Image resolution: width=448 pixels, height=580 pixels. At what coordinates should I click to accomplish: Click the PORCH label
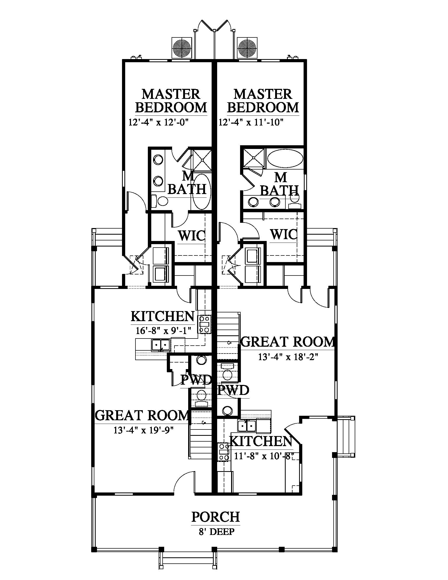point(216,517)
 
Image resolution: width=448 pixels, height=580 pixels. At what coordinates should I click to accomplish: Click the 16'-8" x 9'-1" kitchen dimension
point(163,331)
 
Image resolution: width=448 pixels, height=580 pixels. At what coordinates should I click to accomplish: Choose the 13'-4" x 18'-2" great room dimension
point(288,357)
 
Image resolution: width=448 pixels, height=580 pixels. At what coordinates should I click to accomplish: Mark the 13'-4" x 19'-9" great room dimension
point(144,430)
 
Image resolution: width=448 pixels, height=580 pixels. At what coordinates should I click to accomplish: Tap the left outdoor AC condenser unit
point(182,48)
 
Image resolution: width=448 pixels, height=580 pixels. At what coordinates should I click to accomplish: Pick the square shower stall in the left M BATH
point(202,160)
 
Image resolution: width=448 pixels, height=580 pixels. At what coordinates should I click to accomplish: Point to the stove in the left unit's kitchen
point(204,324)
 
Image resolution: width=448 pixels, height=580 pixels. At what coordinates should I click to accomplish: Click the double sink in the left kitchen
point(160,345)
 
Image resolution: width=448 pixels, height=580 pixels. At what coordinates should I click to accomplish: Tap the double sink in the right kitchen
point(247,426)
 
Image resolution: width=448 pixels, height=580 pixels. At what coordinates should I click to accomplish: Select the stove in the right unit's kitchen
point(223,452)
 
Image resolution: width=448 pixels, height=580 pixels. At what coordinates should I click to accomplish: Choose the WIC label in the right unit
point(284,234)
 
